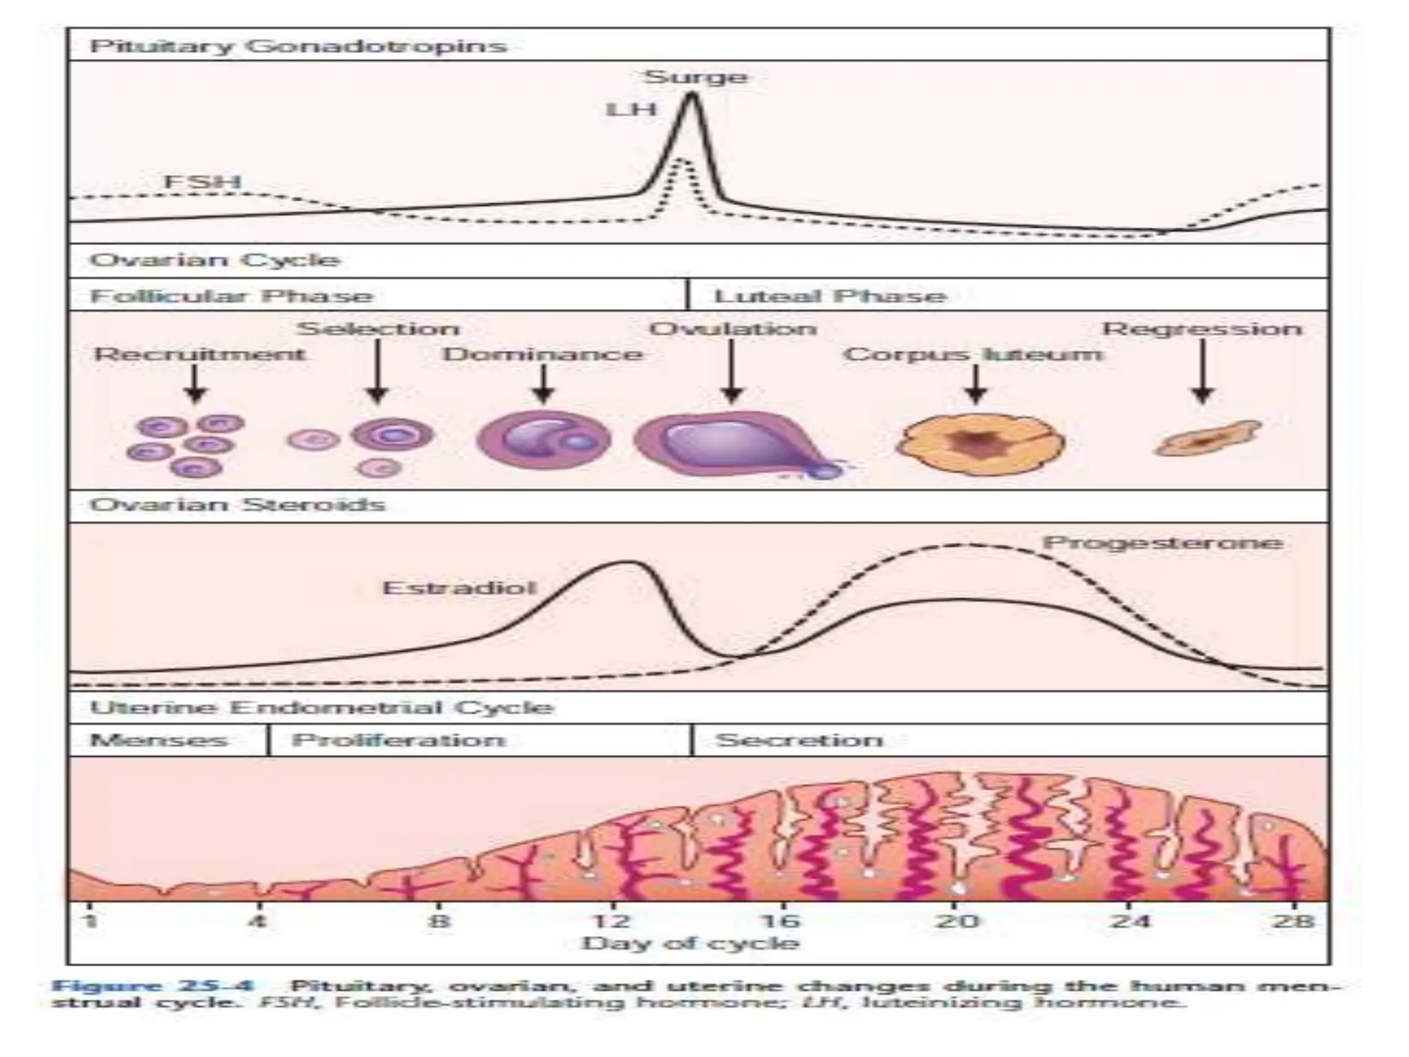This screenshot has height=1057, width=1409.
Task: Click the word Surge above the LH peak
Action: pyautogui.click(x=695, y=76)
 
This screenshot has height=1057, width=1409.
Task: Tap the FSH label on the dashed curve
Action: pyautogui.click(x=202, y=182)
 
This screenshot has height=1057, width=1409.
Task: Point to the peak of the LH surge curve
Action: pyautogui.click(x=691, y=96)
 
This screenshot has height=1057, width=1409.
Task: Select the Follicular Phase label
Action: pyautogui.click(x=231, y=296)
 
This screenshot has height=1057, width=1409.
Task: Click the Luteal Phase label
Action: pyautogui.click(x=830, y=296)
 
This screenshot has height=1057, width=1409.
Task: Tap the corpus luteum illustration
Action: pyautogui.click(x=980, y=443)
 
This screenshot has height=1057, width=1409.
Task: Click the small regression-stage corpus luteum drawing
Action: pyautogui.click(x=1207, y=439)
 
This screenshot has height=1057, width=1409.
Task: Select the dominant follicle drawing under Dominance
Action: pyautogui.click(x=544, y=440)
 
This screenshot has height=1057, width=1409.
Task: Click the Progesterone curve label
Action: pyautogui.click(x=1163, y=543)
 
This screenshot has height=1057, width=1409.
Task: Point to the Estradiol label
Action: pyautogui.click(x=459, y=588)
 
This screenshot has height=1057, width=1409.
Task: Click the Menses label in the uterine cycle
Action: pyautogui.click(x=158, y=740)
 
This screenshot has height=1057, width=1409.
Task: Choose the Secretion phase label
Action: pyautogui.click(x=799, y=740)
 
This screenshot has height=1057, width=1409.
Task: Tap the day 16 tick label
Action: pyautogui.click(x=782, y=921)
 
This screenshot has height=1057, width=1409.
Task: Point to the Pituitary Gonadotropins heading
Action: pyautogui.click(x=298, y=46)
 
